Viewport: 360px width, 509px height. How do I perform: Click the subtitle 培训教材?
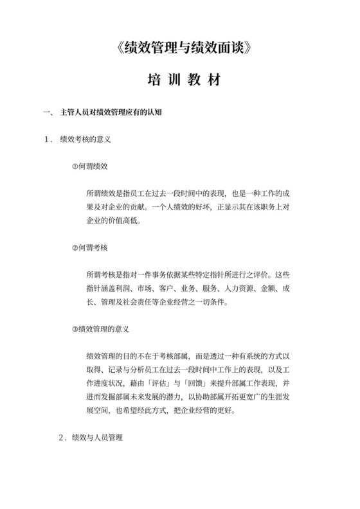[180, 82]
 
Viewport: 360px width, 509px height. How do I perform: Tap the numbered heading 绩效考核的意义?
[86, 138]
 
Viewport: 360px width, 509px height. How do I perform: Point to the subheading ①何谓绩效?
[90, 166]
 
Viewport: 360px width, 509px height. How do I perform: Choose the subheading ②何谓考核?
[90, 247]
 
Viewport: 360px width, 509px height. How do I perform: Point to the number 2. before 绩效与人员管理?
[63, 438]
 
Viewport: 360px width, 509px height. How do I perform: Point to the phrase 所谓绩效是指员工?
[115, 193]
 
